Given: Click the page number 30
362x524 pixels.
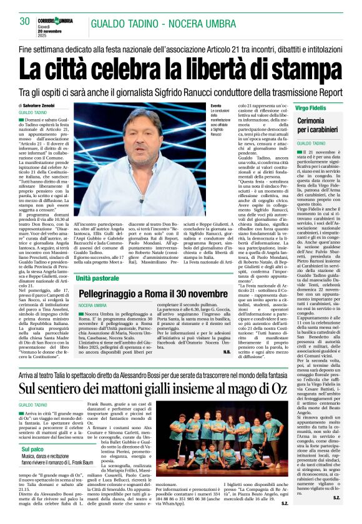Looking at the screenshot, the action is (x=26, y=22).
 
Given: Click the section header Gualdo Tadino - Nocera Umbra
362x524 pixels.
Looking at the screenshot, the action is (x=167, y=22).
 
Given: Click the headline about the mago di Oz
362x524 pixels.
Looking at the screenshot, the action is (x=180, y=389).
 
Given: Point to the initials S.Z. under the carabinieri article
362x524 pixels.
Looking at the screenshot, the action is (x=336, y=515).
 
